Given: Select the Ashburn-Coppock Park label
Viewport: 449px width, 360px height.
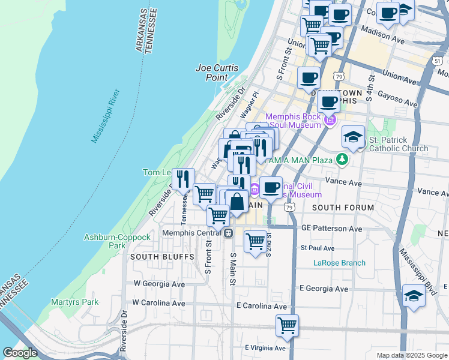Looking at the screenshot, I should coord(117,241).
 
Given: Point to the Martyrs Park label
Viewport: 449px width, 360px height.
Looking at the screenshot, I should coord(74,302).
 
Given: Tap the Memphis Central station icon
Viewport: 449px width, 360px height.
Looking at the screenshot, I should coord(228,233).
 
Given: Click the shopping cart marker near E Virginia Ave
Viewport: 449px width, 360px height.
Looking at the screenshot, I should coord(287,326).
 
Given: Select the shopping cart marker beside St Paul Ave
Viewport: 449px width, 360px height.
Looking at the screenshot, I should coord(256,241).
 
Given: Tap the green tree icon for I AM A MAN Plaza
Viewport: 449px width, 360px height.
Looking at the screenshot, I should coord(342,160).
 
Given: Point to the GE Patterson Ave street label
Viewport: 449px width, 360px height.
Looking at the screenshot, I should coord(331,229).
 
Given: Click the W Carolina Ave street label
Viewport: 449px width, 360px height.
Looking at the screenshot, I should coord(159,303).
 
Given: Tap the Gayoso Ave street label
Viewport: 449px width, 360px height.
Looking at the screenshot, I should coord(398,100).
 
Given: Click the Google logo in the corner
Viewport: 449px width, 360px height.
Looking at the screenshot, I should coord(20,353).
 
